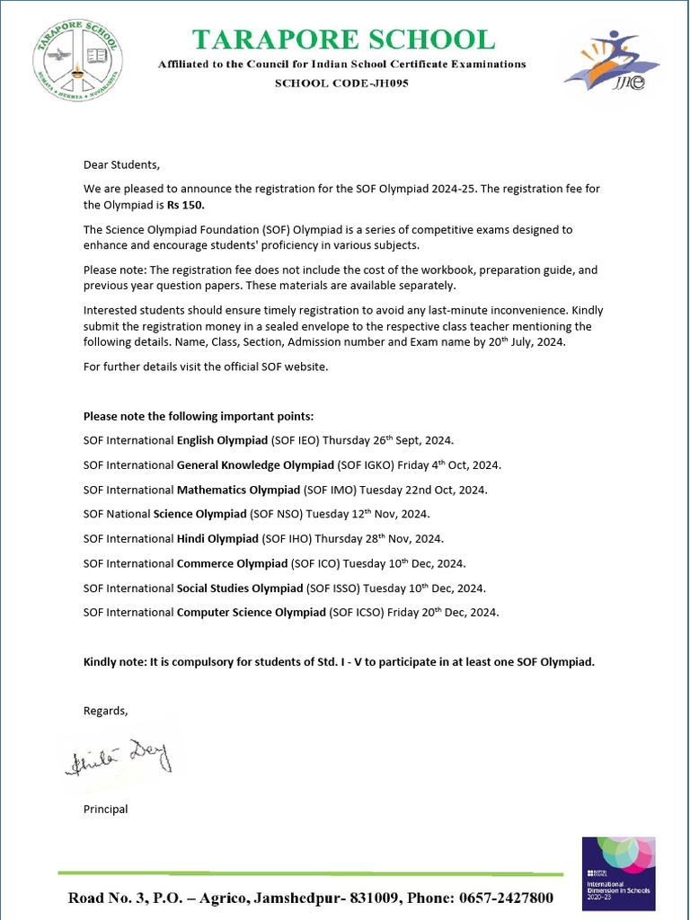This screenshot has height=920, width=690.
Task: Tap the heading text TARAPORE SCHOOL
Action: point(342,40)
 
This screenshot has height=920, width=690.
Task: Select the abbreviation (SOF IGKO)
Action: point(365,464)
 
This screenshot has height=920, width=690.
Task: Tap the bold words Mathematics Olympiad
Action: point(238,490)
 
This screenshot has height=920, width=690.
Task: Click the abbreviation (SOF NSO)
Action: point(276,514)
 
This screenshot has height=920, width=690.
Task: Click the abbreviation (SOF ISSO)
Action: point(333,588)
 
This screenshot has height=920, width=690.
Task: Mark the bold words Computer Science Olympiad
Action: point(251,612)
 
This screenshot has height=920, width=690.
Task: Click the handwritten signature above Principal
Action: point(118,758)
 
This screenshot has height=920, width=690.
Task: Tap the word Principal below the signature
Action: point(105,809)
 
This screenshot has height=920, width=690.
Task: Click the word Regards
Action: point(105,711)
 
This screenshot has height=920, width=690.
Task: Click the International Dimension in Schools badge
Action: point(618,871)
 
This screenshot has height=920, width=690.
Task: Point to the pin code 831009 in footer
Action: point(373,898)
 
